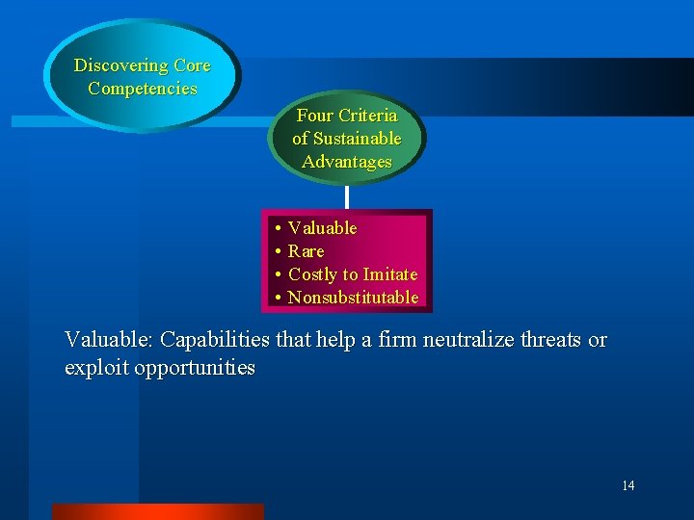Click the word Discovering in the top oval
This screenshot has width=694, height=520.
[x=121, y=65]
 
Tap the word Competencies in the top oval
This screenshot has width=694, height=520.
[x=143, y=89]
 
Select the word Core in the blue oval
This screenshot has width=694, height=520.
[x=192, y=65]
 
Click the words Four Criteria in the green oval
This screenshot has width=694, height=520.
[x=347, y=116]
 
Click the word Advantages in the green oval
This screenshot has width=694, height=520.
[x=347, y=162]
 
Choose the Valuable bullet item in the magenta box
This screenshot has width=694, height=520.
[x=322, y=228]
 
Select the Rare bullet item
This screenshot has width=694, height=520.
[x=306, y=251]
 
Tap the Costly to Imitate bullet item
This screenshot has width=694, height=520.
[x=353, y=274]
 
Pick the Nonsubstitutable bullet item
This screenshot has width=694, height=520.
[x=353, y=298]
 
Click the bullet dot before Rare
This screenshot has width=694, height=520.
[x=277, y=252]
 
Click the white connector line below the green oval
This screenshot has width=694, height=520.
[x=347, y=196]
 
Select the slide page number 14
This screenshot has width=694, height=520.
[x=627, y=485]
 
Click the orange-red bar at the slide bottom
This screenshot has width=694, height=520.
[x=157, y=511]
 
